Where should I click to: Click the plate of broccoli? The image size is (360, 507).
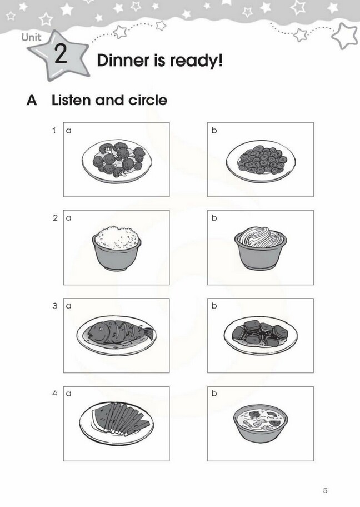pos(116,161)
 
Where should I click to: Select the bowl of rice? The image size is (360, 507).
pos(116,248)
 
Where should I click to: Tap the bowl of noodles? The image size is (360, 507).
pos(261,248)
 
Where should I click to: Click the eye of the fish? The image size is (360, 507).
pos(101,329)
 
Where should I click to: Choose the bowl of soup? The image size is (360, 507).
pos(261,423)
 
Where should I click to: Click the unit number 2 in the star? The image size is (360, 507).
pos(61,54)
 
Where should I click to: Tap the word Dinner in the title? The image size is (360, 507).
pos(123,61)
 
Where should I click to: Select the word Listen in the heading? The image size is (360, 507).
pos(72,100)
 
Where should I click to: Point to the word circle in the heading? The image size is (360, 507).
pos(148,100)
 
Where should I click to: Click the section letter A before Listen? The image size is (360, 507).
pos(32,100)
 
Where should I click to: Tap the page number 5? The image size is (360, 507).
pos(325,490)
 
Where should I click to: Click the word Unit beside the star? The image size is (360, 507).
pos(31,37)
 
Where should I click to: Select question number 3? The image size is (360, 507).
pos(55,306)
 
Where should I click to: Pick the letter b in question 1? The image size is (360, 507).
pos(214,130)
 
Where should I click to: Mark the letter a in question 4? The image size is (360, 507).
pos(68,394)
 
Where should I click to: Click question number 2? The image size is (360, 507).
pos(55,218)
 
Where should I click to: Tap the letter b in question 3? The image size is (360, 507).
pos(214,306)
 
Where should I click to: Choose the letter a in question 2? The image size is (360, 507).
pos(68,218)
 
